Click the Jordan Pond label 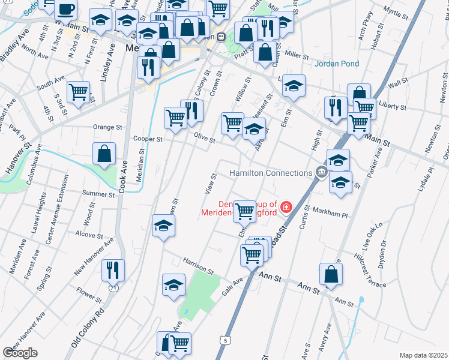[x=339, y=64]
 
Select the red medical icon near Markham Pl [x=287, y=208]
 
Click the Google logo [x=20, y=352]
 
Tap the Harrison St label [x=199, y=267]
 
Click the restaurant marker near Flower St [x=113, y=270]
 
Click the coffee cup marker [x=65, y=10]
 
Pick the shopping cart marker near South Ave [x=78, y=92]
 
